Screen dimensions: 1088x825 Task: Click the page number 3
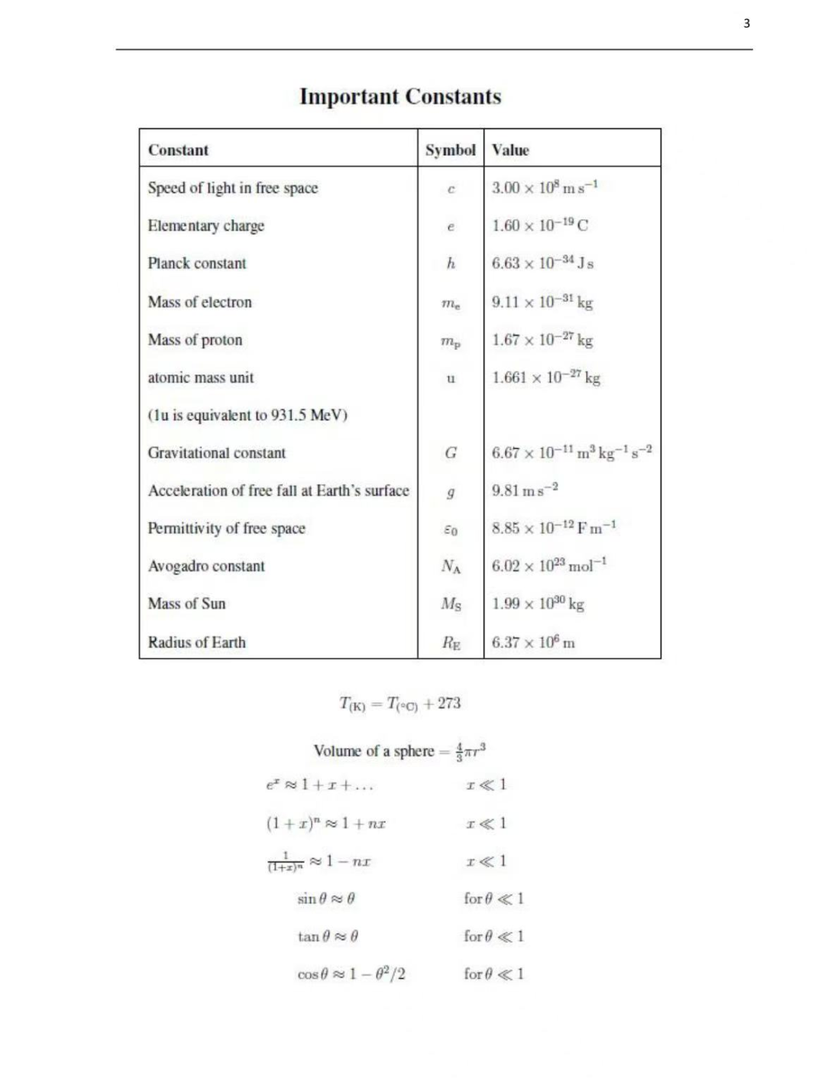pos(746,23)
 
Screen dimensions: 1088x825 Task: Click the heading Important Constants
pos(400,97)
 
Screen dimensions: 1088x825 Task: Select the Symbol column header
pos(450,150)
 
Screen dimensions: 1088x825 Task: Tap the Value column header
pos(510,150)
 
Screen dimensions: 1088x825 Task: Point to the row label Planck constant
pos(197,264)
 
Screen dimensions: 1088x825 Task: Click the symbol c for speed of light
pos(451,189)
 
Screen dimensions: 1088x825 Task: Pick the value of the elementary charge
pos(540,225)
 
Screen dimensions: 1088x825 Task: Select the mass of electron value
pos(542,302)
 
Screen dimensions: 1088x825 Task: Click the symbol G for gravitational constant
pos(451,453)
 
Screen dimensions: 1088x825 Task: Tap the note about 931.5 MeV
pos(247,415)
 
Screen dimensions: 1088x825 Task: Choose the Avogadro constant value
pos(549,565)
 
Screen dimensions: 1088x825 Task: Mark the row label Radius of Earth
pos(197,642)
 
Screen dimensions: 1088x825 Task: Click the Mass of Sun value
pos(538,604)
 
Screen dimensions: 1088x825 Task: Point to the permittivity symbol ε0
pos(451,529)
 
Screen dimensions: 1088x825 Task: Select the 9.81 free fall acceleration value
pos(525,490)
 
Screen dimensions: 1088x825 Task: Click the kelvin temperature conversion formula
pos(400,704)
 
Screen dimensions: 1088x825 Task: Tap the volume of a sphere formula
pos(400,751)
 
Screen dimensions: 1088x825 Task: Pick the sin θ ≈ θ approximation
pos(326,899)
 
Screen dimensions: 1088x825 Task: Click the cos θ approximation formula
pos(351,974)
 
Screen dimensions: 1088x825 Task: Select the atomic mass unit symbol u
pos(451,378)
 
